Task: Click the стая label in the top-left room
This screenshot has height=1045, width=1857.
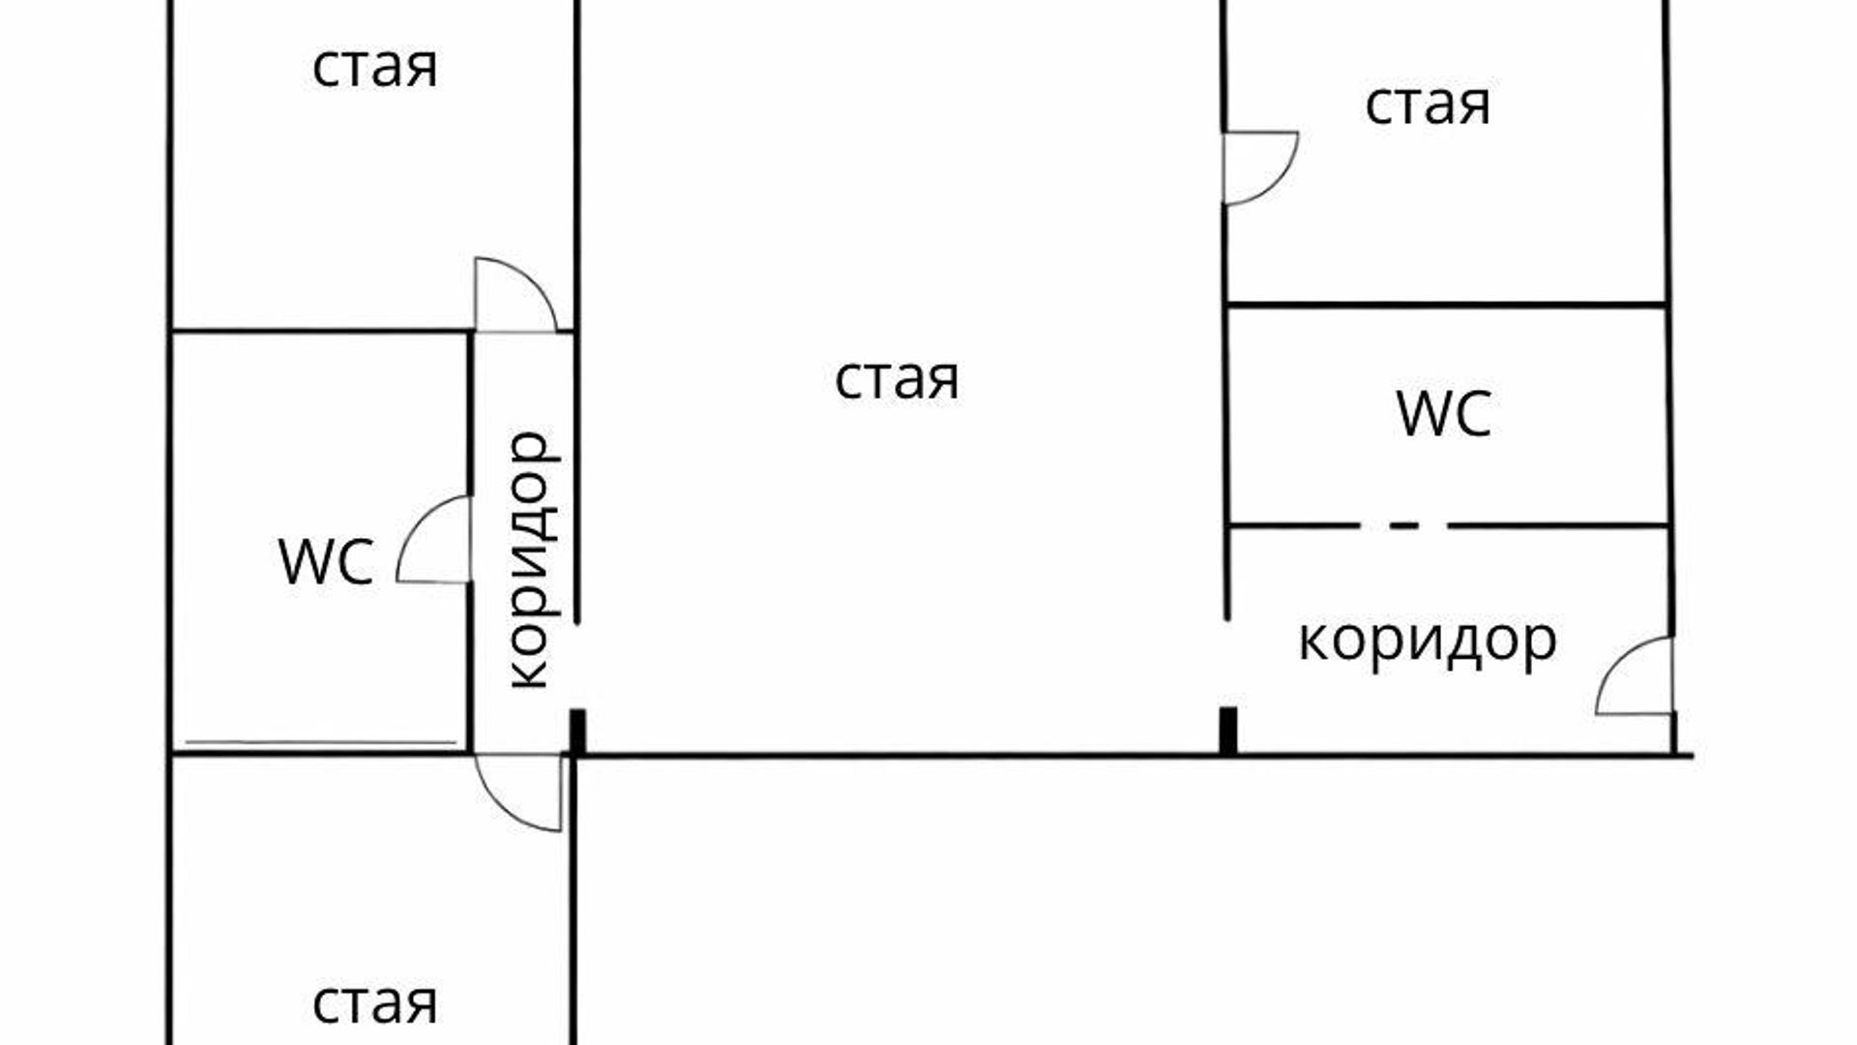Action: (375, 68)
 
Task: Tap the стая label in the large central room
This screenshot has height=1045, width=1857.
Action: (897, 378)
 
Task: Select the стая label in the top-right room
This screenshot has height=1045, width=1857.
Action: (1428, 104)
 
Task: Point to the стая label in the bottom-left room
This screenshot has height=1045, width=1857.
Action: (375, 1003)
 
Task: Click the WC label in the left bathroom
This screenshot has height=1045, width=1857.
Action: (326, 561)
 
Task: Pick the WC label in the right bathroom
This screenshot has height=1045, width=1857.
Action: (1445, 414)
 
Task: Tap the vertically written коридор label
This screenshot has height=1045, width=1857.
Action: (533, 559)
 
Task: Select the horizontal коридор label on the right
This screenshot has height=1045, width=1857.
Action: (1428, 641)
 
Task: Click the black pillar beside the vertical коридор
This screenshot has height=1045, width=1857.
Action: (577, 731)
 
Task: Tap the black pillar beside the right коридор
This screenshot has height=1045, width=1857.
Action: (1228, 731)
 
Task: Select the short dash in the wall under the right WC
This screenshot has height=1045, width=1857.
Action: (1404, 526)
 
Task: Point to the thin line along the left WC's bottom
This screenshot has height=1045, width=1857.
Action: (321, 743)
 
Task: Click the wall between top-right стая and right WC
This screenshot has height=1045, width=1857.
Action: (1447, 306)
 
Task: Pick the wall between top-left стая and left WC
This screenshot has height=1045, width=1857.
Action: (319, 331)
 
